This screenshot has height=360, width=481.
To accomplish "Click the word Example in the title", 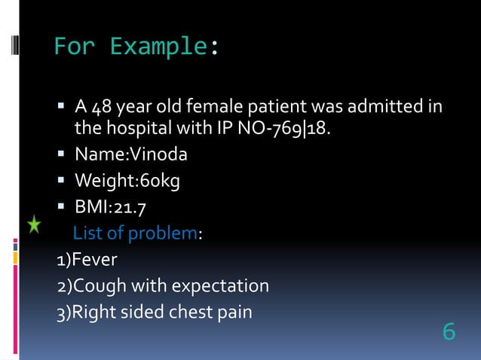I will tap(158, 47).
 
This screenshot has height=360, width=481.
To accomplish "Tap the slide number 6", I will tap(449, 331).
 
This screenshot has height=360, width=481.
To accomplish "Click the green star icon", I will tap(34, 224).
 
